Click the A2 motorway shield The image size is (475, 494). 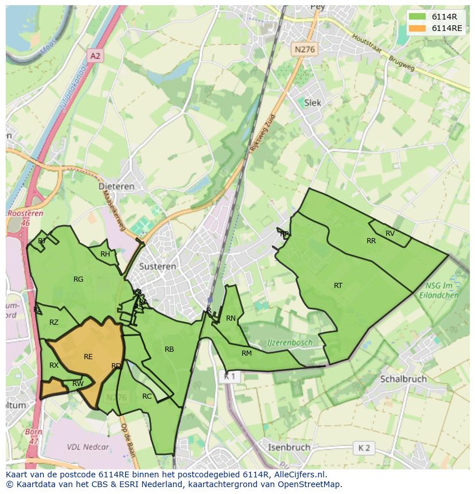(x=95, y=56)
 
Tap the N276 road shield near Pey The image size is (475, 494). (x=304, y=50)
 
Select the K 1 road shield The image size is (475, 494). (x=229, y=376)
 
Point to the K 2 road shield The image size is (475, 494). (x=364, y=448)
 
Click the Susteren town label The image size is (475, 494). (x=157, y=267)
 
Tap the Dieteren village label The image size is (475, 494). (x=116, y=186)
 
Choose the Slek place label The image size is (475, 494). (x=313, y=103)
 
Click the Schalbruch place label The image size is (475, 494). (x=403, y=379)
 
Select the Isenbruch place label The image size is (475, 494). (x=289, y=447)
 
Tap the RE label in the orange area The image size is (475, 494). (x=88, y=357)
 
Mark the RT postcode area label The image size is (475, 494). (x=338, y=286)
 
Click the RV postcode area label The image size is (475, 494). (x=390, y=234)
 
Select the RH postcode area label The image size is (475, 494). (x=105, y=254)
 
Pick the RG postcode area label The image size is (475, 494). (x=79, y=279)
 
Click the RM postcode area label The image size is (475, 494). (x=247, y=353)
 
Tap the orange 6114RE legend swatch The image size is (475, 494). (x=418, y=29)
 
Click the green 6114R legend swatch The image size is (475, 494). (x=418, y=17)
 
